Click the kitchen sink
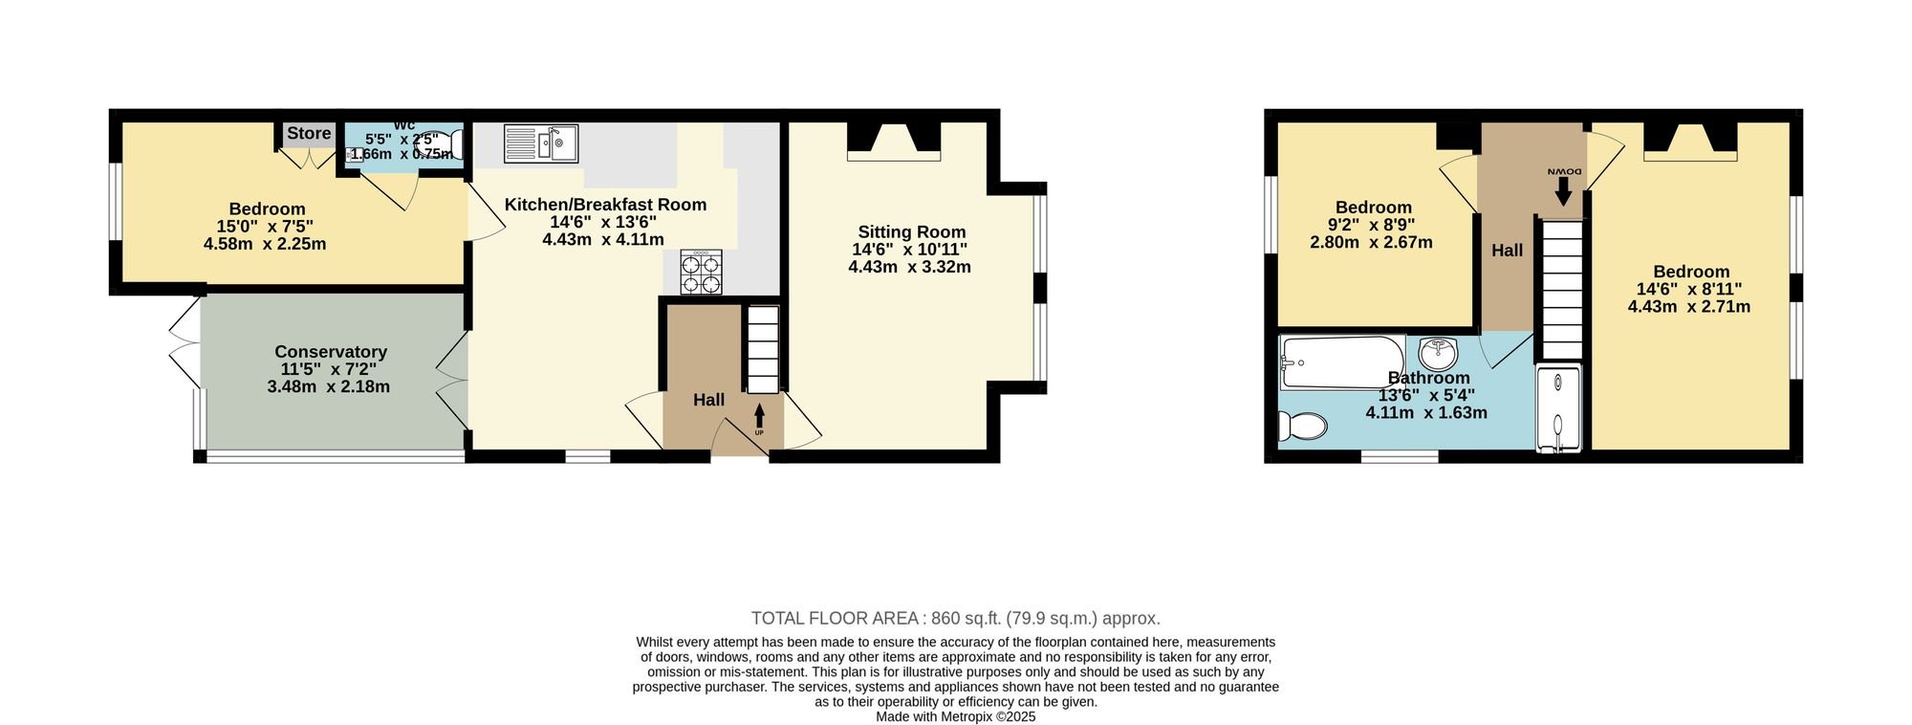pos(540,144)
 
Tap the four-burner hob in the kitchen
pos(701,273)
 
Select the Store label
pos(309,134)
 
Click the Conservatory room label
pos(330,352)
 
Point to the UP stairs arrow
pos(760,416)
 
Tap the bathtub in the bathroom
pos(1343,362)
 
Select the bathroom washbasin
pos(1438,353)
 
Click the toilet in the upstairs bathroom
pos(1302,425)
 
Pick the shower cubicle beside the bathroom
pos(1558,407)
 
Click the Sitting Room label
pos(911,231)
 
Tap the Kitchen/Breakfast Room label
pos(605,205)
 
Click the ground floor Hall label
pos(708,400)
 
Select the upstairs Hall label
pos(1508,251)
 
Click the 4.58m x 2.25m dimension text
pos(265,244)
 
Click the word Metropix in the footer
pos(967,716)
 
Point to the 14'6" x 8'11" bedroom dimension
pos(1689,289)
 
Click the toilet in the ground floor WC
pos(454,143)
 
